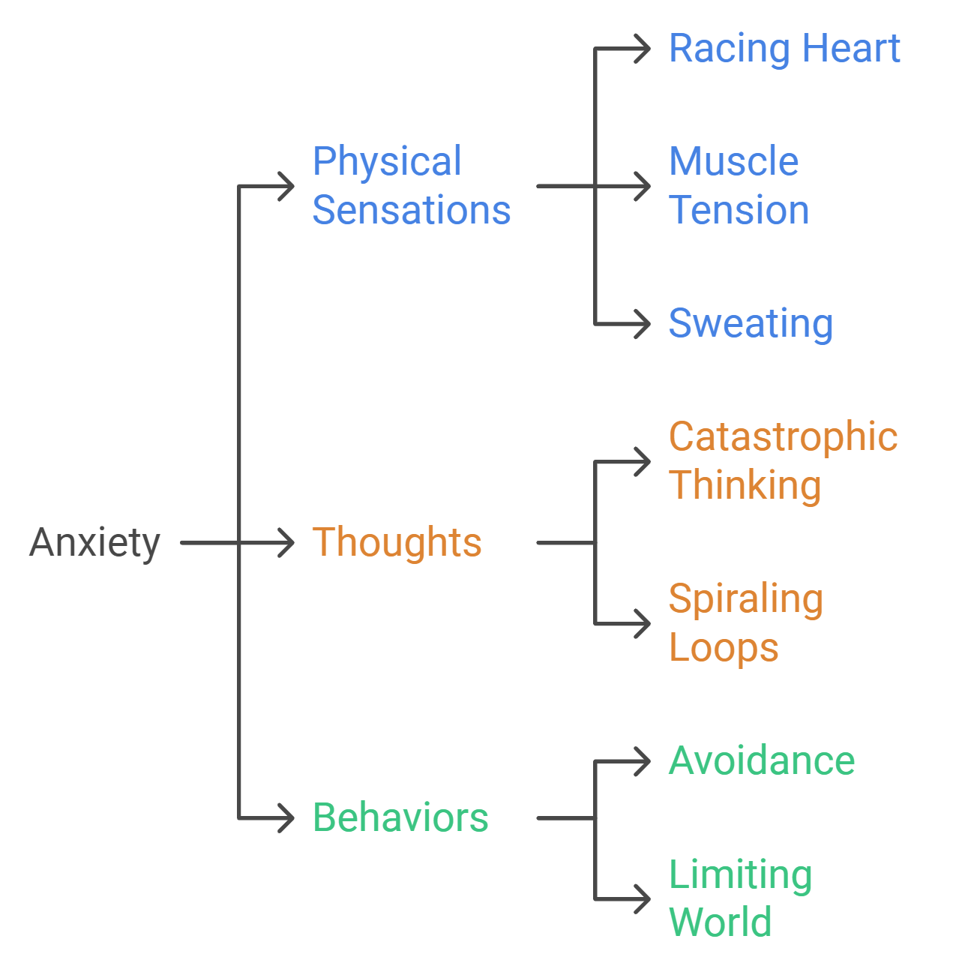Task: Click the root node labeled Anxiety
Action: coord(94,542)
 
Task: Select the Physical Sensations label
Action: coord(411,185)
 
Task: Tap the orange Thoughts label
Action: coord(397,542)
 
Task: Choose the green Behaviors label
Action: coord(400,817)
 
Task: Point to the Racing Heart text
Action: coord(784,49)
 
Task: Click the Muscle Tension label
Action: coord(739,185)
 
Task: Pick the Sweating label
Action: coord(751,324)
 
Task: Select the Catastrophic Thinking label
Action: coord(783,460)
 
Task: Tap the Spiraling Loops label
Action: coord(745,622)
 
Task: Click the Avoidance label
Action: coord(762,761)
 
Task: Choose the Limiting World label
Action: coord(740,898)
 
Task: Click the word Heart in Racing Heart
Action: coord(851,49)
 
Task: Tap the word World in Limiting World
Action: coord(720,922)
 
